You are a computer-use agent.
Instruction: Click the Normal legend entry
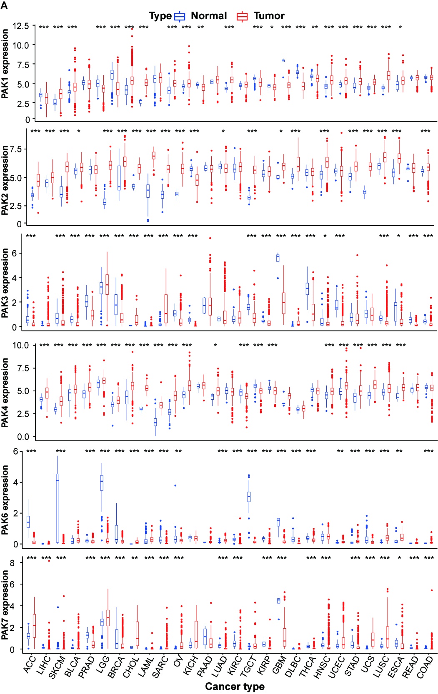[x=208, y=16]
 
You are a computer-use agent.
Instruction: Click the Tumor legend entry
[x=269, y=16]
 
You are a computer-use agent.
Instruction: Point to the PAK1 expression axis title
[x=5, y=64]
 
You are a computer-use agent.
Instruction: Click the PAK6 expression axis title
[x=5, y=500]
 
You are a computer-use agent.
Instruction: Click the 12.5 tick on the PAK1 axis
[x=20, y=26]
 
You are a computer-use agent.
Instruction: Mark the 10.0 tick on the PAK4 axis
[x=20, y=345]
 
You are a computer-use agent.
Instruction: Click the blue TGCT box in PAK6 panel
[x=249, y=497]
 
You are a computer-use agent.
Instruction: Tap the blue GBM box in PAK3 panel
[x=278, y=258]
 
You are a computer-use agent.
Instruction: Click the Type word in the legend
[x=160, y=16]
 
